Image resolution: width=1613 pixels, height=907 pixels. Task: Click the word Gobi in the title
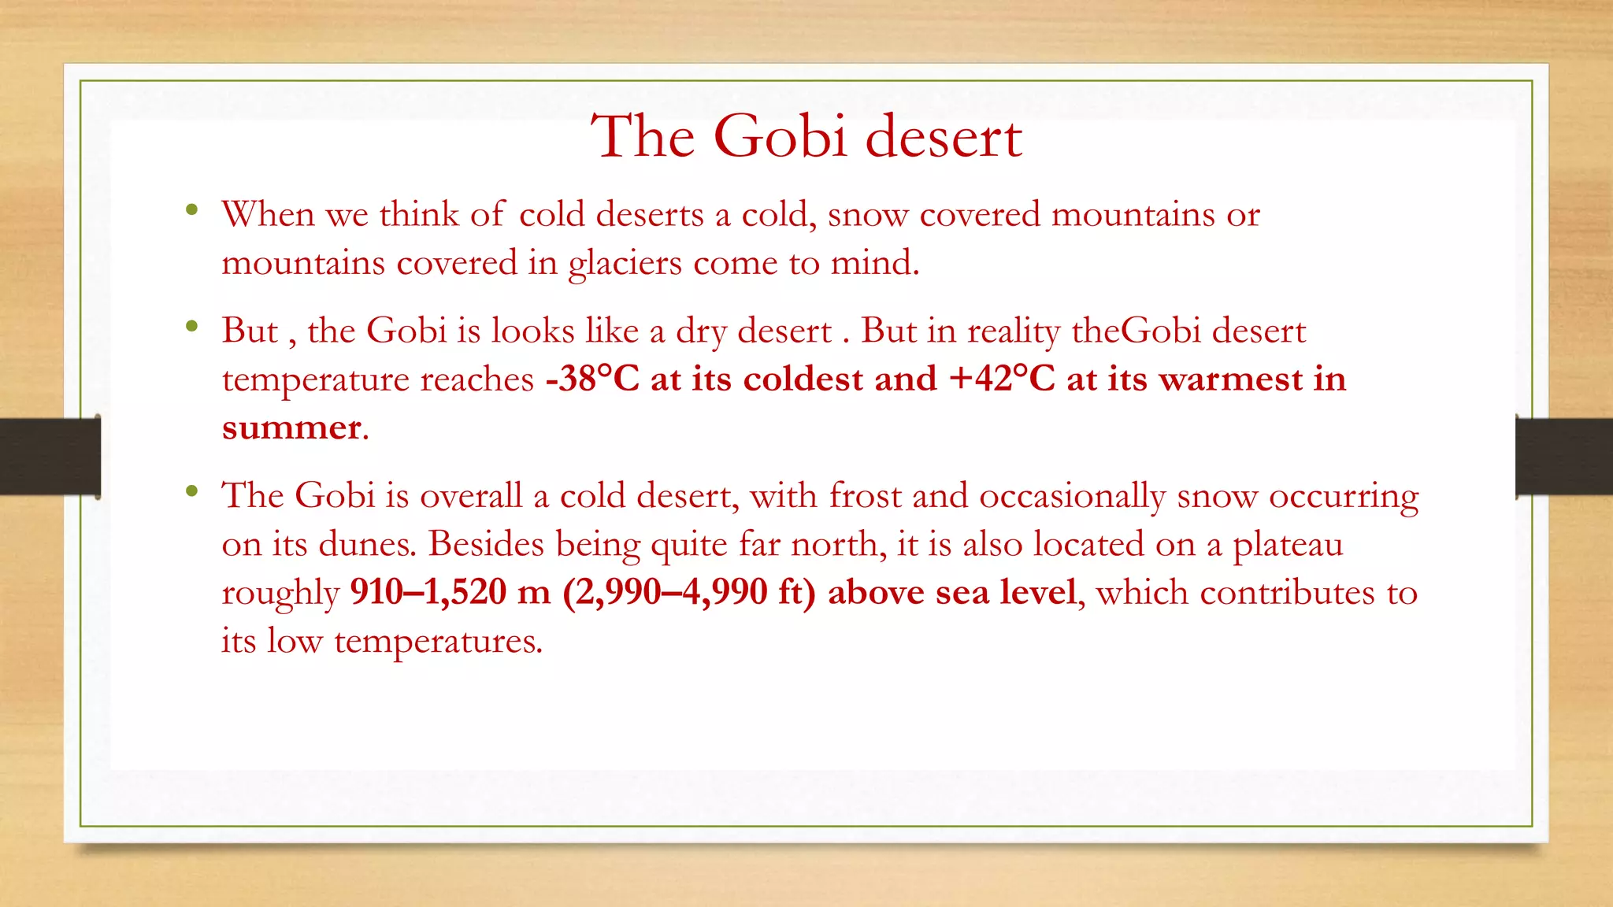click(x=780, y=137)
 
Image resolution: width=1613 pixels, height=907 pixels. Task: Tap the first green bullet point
click(x=191, y=209)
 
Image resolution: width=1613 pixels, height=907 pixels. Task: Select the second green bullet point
click(x=191, y=325)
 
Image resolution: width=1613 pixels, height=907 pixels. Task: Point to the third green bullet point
click(x=191, y=491)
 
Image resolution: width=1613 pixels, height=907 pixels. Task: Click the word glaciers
click(x=625, y=263)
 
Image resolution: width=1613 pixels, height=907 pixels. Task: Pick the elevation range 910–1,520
click(x=428, y=592)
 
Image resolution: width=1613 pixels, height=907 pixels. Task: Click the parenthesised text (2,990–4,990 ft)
click(x=689, y=592)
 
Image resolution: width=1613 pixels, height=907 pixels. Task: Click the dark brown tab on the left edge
click(x=50, y=457)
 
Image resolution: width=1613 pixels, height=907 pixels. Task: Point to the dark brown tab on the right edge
click(x=1564, y=457)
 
